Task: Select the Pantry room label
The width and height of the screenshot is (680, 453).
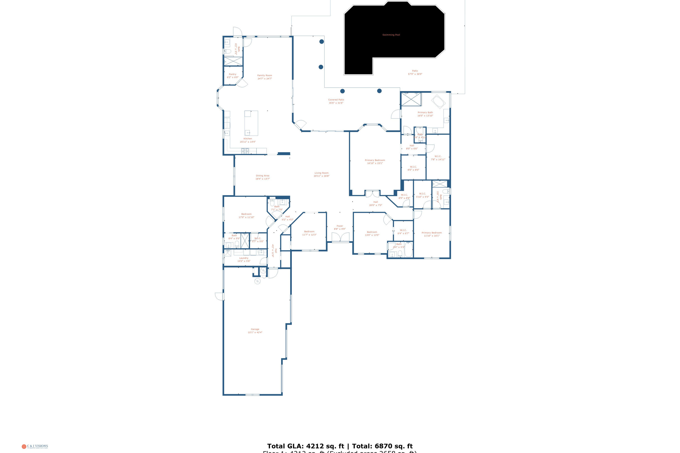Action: [233, 75]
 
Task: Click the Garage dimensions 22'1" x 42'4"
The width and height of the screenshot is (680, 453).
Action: [255, 333]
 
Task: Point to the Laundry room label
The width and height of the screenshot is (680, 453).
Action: [244, 258]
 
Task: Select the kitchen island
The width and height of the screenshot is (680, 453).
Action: [251, 123]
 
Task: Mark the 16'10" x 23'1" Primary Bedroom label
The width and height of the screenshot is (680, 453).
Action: [375, 161]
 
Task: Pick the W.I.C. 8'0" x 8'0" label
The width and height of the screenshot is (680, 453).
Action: [413, 168]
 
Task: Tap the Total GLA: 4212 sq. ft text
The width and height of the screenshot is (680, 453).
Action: [306, 446]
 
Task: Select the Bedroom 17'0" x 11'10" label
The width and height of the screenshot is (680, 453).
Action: [246, 216]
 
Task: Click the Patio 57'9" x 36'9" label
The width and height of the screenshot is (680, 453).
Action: [415, 72]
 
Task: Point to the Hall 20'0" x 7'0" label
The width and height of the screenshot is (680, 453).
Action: [375, 204]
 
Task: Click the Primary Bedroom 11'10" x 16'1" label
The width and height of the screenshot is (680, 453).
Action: [431, 234]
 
